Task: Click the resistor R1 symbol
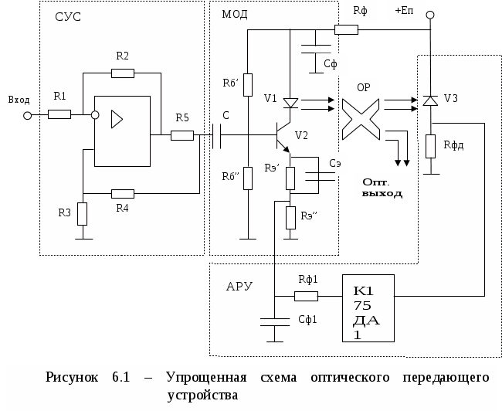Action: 59,114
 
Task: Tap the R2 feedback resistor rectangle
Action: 123,73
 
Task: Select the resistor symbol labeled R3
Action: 83,212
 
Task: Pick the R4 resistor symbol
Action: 123,193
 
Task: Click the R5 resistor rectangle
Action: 181,135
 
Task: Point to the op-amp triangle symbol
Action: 117,118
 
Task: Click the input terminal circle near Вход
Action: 28,115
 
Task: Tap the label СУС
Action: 69,18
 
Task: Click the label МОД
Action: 235,15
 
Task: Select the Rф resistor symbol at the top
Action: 347,30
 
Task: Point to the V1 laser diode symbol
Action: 290,103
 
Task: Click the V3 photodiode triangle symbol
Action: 430,100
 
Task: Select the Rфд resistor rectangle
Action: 430,144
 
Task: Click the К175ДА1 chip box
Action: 368,307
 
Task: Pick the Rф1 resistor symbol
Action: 306,296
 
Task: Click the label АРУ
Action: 239,286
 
